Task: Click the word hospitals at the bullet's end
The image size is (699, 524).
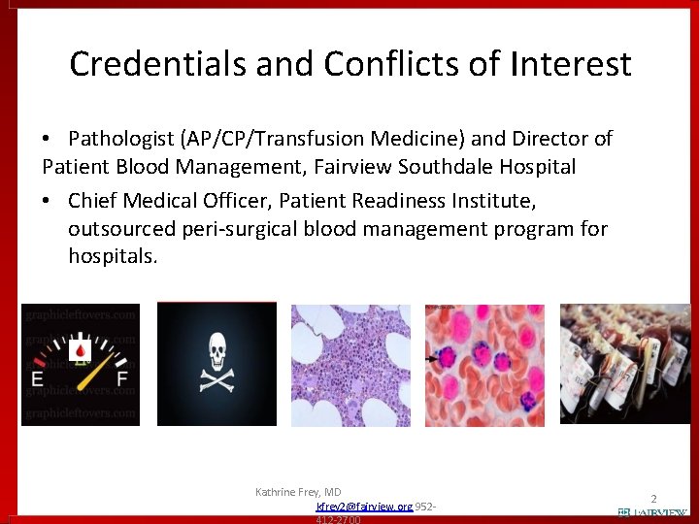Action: tap(111, 256)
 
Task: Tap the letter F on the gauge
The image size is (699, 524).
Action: tap(120, 378)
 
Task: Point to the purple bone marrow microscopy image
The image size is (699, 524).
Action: tap(350, 365)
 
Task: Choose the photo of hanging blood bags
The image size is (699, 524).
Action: tap(625, 365)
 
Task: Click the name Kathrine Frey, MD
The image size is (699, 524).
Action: tap(298, 492)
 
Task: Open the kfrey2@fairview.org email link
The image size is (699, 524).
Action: tap(364, 507)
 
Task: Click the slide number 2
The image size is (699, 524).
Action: tap(653, 497)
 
